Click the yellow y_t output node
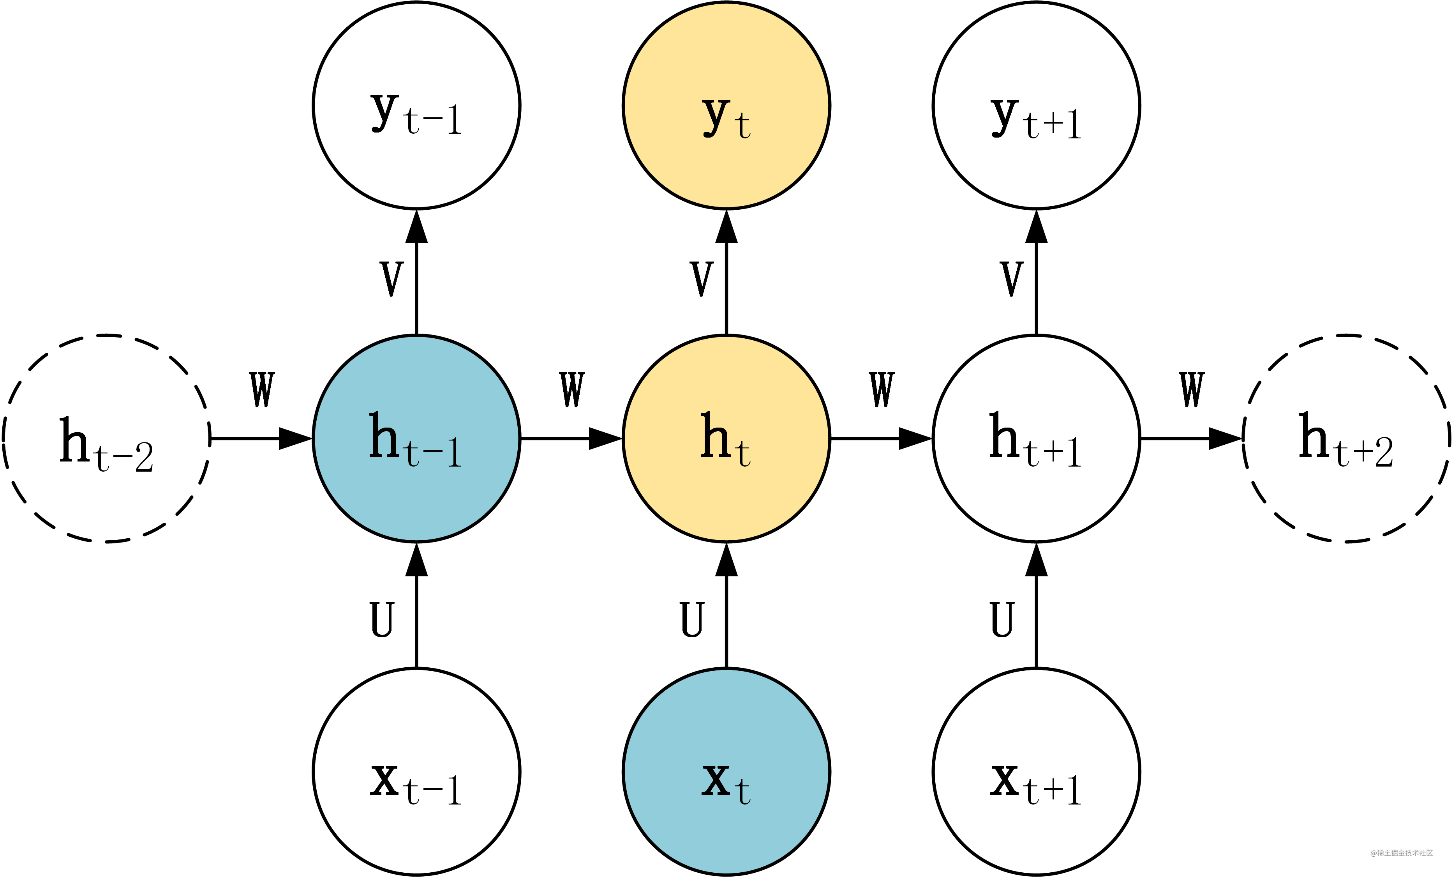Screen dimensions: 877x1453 [x=726, y=106]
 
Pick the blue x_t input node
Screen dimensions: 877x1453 [x=726, y=771]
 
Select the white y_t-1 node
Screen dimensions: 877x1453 [x=416, y=106]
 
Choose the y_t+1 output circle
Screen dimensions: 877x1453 [x=1036, y=106]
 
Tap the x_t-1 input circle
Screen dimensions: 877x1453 [x=416, y=771]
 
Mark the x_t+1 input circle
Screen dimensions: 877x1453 [x=1036, y=771]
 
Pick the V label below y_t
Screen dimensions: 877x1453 [x=702, y=279]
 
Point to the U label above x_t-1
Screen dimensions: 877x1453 [x=381, y=620]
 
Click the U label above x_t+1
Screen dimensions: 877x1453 [x=1002, y=620]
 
